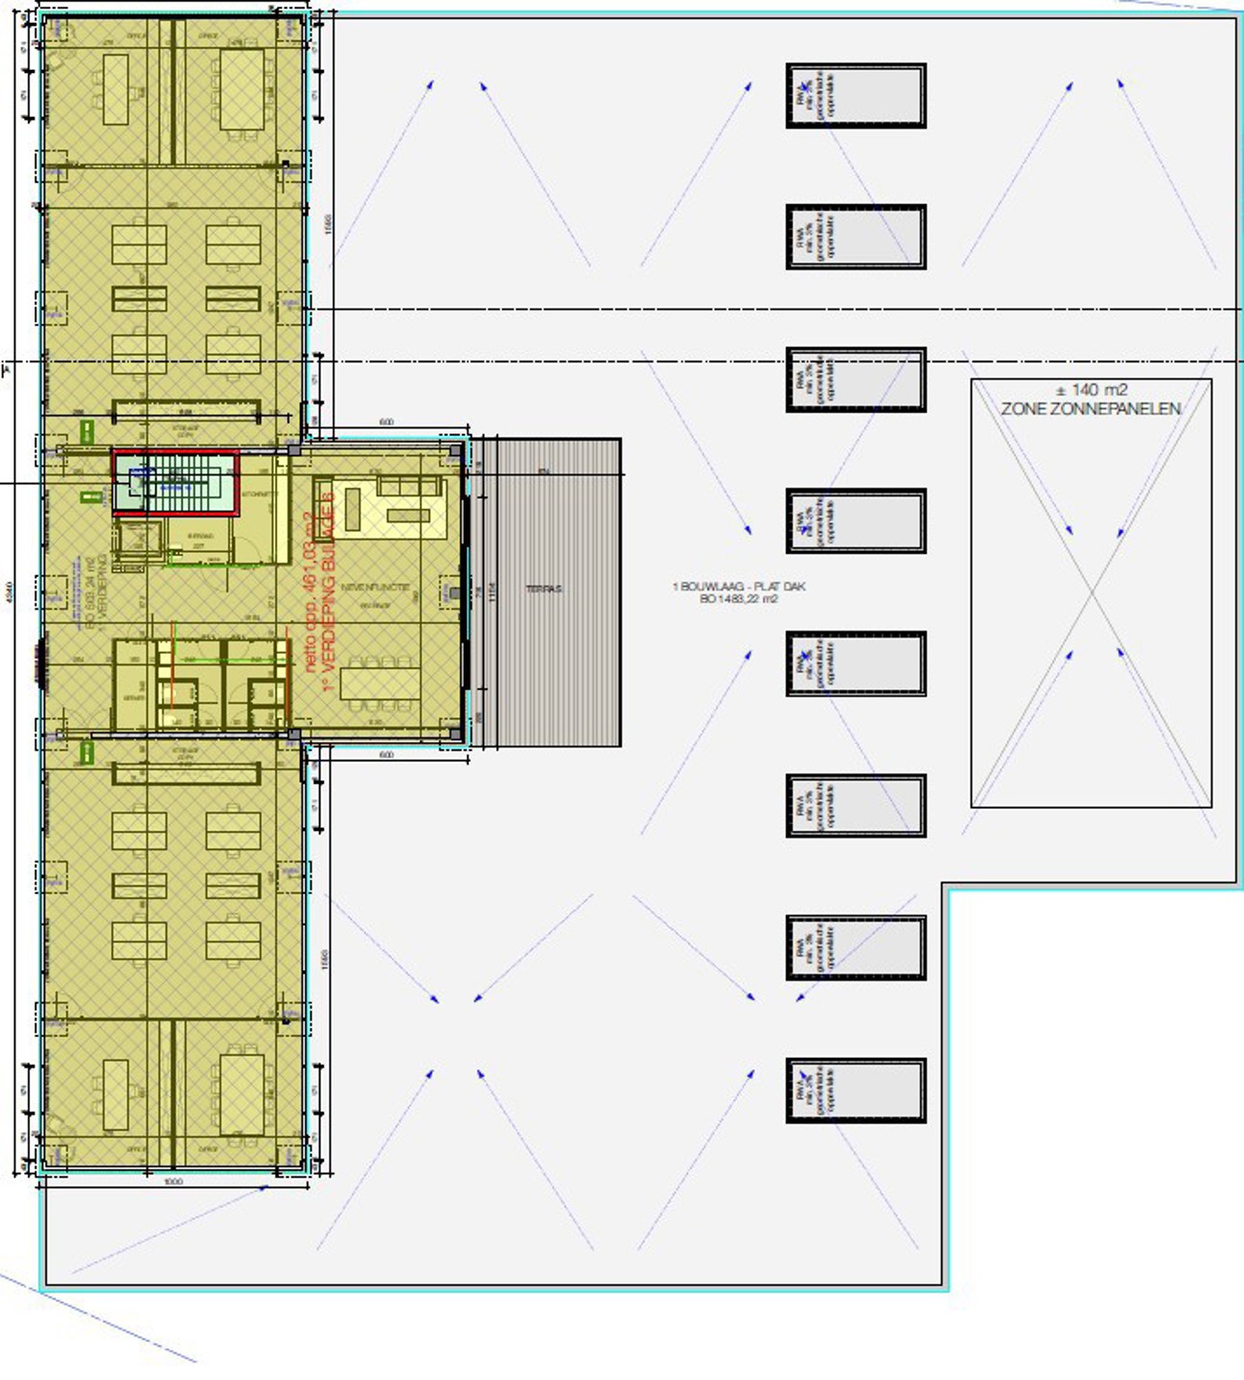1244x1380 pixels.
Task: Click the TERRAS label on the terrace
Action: click(x=543, y=589)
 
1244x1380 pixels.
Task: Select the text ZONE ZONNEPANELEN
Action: click(x=1091, y=409)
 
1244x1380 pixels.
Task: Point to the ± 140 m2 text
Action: click(x=1091, y=390)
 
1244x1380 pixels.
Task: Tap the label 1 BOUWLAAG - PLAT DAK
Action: click(x=739, y=586)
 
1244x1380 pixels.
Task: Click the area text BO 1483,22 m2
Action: click(x=739, y=599)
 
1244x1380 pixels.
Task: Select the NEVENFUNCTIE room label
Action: click(x=375, y=586)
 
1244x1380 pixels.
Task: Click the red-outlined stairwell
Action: click(x=174, y=483)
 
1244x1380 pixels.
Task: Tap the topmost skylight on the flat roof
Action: click(x=856, y=96)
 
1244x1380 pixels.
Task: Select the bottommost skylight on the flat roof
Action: click(x=856, y=1091)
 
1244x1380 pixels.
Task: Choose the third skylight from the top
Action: click(x=856, y=379)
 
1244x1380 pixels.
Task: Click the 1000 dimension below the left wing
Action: click(x=173, y=1182)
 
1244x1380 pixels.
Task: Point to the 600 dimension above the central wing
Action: click(x=386, y=423)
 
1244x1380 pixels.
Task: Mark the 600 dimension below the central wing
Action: click(x=386, y=755)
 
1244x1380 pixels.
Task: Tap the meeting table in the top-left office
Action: click(x=115, y=89)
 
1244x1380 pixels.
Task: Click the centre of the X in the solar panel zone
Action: click(x=1092, y=594)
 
